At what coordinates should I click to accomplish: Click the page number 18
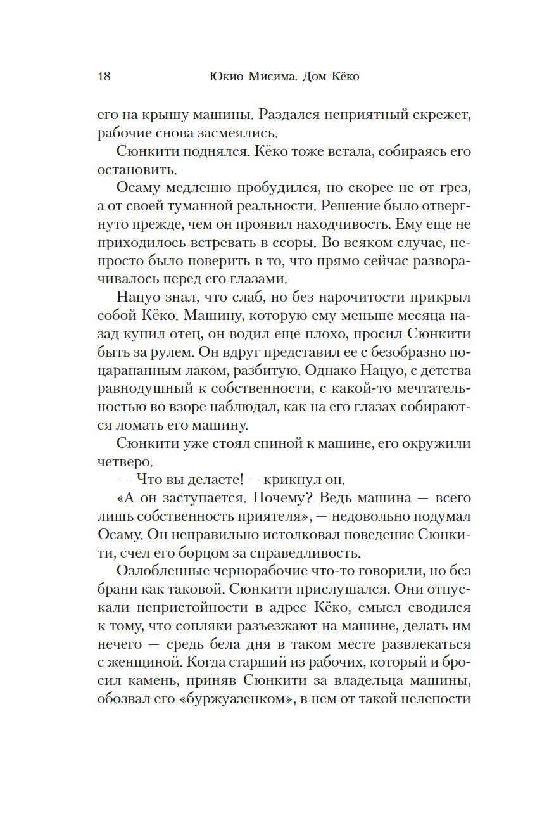(x=104, y=77)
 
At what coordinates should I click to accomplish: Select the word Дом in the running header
(x=304, y=77)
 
